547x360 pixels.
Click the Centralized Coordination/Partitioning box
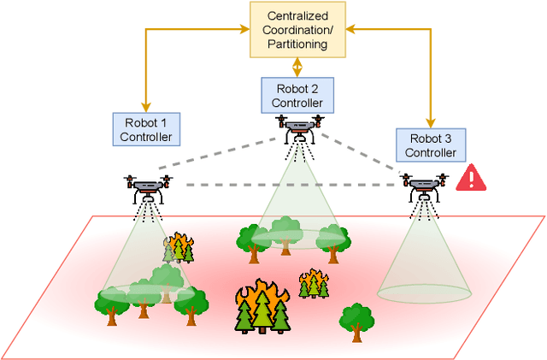click(298, 29)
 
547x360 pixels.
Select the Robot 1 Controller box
click(146, 128)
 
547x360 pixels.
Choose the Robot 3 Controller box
click(431, 145)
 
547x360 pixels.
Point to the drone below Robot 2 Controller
click(299, 127)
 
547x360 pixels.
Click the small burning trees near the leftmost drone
click(179, 247)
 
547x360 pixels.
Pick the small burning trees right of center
click(315, 283)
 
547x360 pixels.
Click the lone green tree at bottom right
click(356, 321)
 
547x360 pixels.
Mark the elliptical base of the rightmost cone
click(424, 292)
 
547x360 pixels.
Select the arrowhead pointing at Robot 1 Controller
click(146, 106)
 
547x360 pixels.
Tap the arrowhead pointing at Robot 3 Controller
click(431, 122)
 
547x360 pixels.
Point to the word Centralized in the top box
click(298, 16)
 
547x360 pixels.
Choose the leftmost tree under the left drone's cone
click(112, 305)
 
